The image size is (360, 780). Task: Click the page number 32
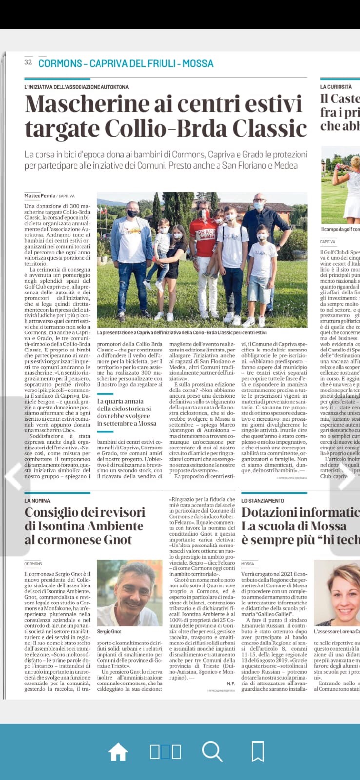[28, 62]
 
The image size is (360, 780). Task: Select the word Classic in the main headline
[269, 128]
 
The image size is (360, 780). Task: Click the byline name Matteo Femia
[40, 196]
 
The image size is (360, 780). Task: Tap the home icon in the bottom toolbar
[118, 752]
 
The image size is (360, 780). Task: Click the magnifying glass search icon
[212, 752]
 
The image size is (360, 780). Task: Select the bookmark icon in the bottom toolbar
[258, 752]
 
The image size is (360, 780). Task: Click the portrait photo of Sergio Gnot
[129, 592]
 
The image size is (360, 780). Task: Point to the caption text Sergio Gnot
[109, 631]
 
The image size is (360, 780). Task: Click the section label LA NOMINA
[38, 501]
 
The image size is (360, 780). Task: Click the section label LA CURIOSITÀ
[336, 87]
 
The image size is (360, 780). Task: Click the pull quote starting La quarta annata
[126, 412]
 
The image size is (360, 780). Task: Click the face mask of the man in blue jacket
[132, 214]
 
